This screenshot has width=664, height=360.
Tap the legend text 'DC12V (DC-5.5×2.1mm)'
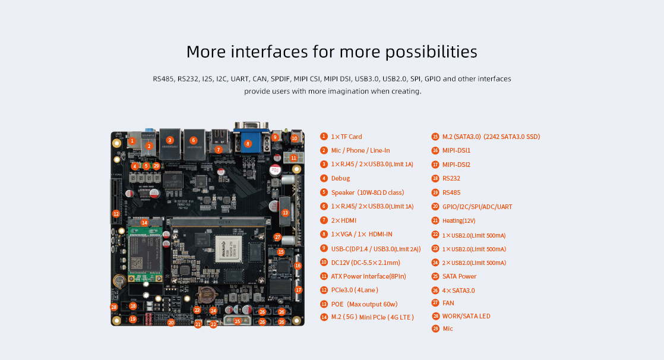click(x=365, y=263)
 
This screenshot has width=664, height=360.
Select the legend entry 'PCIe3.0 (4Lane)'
click(x=355, y=290)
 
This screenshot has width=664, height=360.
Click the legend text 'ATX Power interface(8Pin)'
click(x=368, y=276)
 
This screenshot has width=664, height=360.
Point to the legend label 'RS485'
click(x=451, y=192)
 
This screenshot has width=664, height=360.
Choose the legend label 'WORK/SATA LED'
click(x=466, y=316)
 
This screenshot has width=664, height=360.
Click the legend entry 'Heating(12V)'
click(x=459, y=220)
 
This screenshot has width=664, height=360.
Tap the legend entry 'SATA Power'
click(x=459, y=276)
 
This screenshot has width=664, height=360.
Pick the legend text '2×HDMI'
click(x=344, y=220)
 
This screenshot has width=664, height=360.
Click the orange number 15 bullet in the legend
click(x=435, y=137)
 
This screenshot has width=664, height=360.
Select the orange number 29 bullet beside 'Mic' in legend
click(x=435, y=329)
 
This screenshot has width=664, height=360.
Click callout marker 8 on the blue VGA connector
click(x=248, y=143)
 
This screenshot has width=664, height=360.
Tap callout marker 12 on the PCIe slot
click(x=116, y=213)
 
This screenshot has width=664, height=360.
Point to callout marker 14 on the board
click(x=144, y=223)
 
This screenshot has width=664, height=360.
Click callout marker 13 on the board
click(x=285, y=212)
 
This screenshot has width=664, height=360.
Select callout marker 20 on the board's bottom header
click(x=171, y=323)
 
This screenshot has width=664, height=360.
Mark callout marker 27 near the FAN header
click(x=277, y=237)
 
